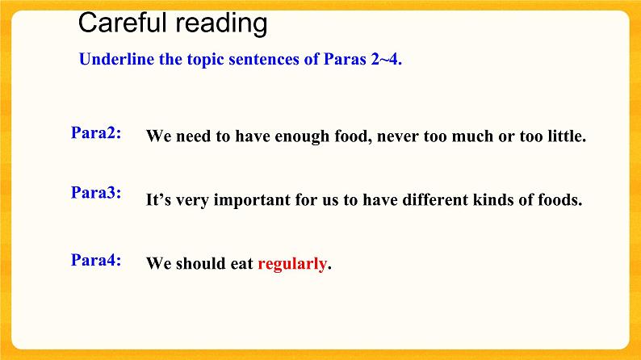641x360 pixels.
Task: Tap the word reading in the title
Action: pyautogui.click(x=220, y=24)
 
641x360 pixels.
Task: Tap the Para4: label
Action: pyautogui.click(x=96, y=260)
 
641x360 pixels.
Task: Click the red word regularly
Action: pyautogui.click(x=292, y=264)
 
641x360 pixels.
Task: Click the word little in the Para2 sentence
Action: pyautogui.click(x=567, y=136)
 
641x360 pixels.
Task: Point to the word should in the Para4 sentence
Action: pyautogui.click(x=200, y=264)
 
